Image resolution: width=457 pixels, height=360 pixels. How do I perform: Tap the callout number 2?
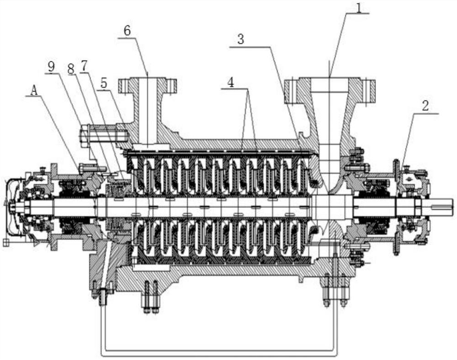tap(425, 106)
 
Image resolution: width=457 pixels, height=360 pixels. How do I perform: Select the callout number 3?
tap(240, 39)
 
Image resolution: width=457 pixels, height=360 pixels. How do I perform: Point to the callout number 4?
tap(230, 83)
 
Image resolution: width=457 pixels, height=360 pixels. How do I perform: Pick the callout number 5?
tap(104, 83)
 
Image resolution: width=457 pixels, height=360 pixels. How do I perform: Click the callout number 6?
tap(128, 31)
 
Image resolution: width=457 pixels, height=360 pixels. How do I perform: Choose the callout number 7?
tap(84, 67)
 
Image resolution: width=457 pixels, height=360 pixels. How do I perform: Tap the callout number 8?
tap(70, 69)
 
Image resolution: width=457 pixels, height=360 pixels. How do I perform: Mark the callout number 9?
tap(52, 67)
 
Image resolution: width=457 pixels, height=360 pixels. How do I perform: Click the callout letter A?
tap(34, 91)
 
